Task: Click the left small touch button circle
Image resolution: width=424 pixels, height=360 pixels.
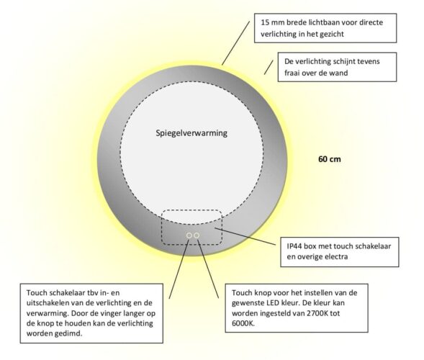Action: (x=189, y=235)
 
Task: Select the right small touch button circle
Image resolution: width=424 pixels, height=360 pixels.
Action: (x=197, y=235)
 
